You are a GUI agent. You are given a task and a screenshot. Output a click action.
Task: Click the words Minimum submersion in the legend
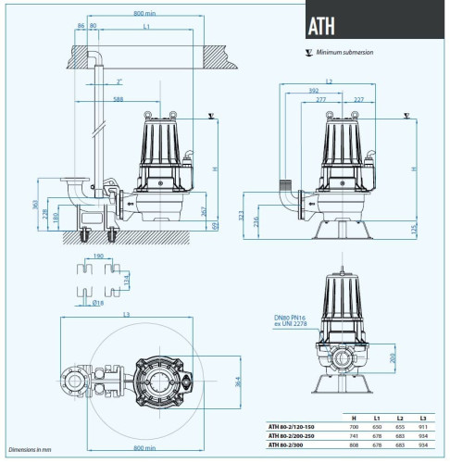346,54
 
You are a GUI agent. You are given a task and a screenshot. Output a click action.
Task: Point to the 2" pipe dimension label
119,81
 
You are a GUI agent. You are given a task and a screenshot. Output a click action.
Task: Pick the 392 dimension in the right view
314,90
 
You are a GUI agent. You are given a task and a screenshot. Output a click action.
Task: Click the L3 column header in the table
423,419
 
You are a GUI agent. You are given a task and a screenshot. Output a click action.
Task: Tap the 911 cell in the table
423,428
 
